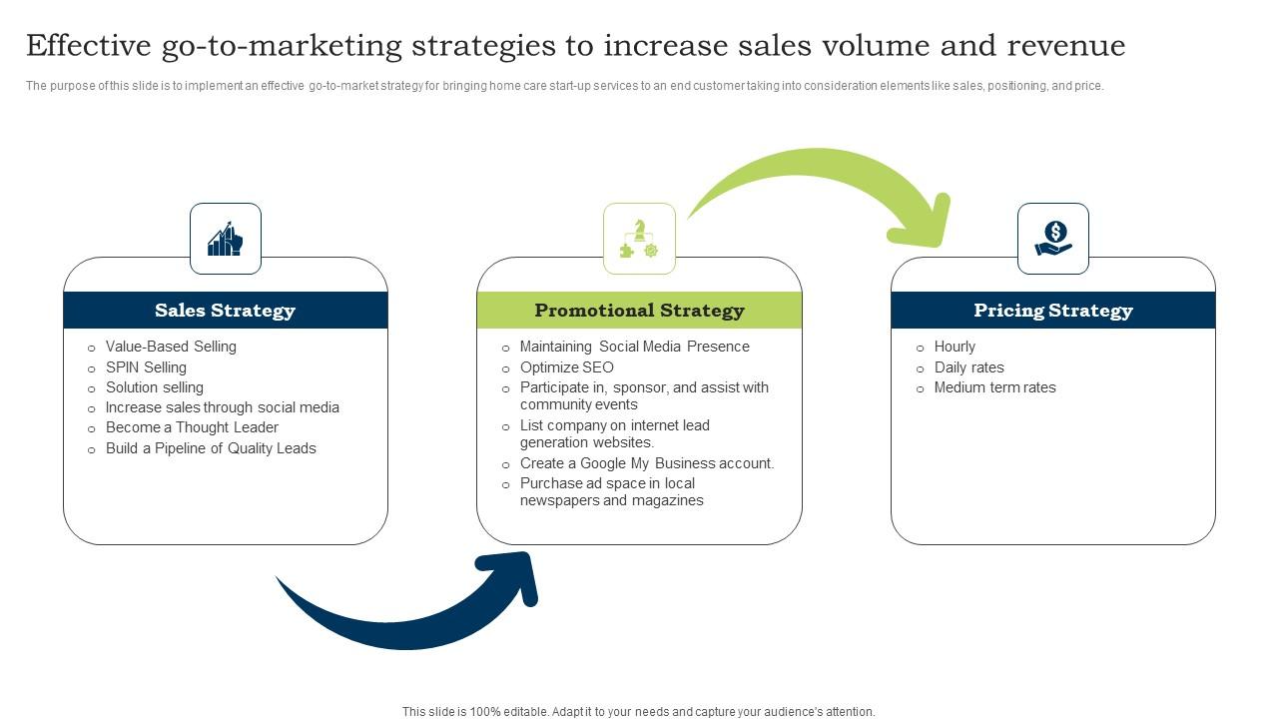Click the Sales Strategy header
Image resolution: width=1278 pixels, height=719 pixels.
pyautogui.click(x=226, y=310)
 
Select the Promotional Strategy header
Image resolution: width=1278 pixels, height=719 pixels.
pyautogui.click(x=639, y=310)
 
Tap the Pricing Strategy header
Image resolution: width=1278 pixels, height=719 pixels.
pyautogui.click(x=1053, y=310)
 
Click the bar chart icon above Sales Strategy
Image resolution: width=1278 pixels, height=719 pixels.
pyautogui.click(x=226, y=239)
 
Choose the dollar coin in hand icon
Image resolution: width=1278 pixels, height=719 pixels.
pyautogui.click(x=1053, y=239)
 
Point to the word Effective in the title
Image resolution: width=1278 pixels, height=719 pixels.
pyautogui.click(x=89, y=45)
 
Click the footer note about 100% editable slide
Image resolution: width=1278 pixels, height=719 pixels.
pyautogui.click(x=638, y=712)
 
